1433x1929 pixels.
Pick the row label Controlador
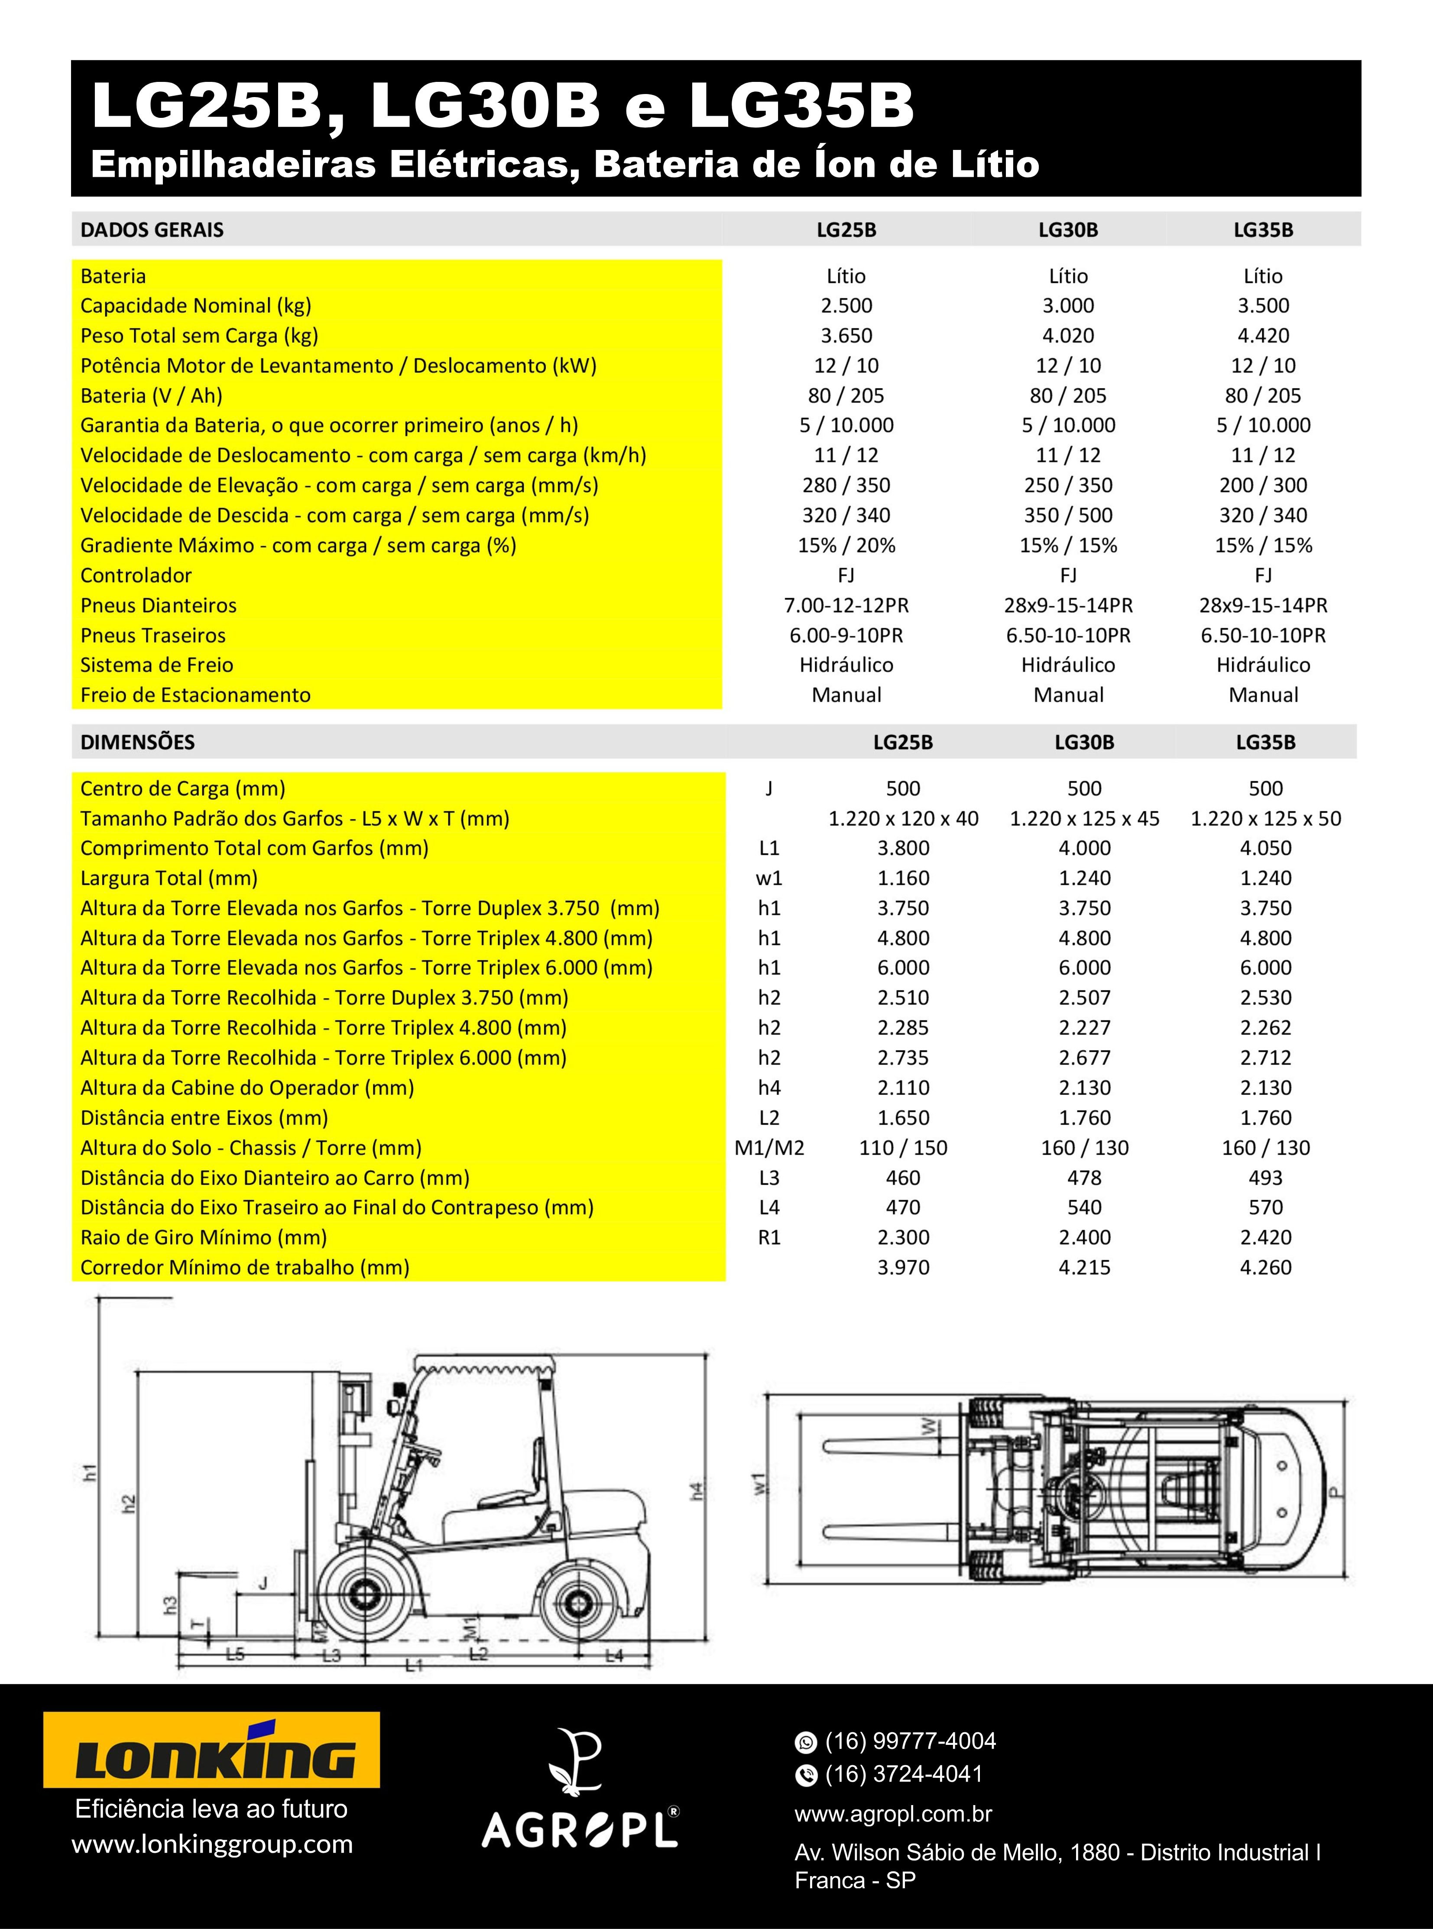[136, 575]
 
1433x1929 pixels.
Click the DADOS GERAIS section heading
[152, 230]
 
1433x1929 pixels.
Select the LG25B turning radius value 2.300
[903, 1237]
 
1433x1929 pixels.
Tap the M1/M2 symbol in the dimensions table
[769, 1148]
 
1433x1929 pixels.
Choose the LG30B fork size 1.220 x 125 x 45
[1084, 818]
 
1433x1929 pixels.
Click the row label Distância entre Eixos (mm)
[204, 1117]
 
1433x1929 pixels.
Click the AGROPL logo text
[580, 1830]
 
